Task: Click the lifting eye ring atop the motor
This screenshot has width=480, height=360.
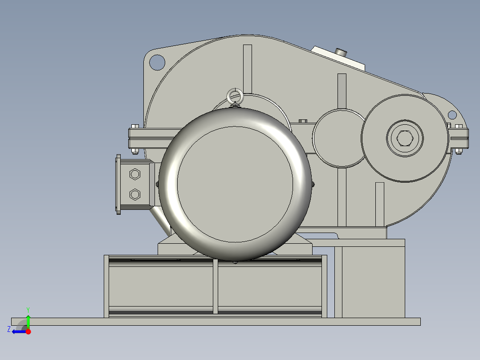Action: point(235,96)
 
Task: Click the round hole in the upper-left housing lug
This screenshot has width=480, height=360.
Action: point(157,62)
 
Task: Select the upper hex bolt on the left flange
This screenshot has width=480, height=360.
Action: point(134,174)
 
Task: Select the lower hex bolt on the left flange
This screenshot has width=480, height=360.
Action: point(134,194)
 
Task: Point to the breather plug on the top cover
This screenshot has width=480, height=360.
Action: point(342,52)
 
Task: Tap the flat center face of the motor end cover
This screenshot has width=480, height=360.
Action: point(235,184)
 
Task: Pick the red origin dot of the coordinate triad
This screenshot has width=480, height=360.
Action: point(28,331)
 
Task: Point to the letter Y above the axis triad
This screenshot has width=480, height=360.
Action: point(28,309)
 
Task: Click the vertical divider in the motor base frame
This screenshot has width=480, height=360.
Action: point(216,287)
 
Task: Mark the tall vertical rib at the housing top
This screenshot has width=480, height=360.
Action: point(248,67)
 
